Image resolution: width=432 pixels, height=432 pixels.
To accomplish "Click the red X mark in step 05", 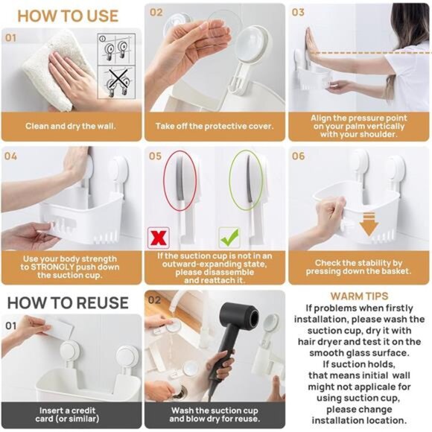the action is [159, 238].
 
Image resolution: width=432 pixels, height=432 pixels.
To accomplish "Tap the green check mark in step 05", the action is [229, 238].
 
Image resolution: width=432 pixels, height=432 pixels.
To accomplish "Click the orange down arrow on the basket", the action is [369, 224].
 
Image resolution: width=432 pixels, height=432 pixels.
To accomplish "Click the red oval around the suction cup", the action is [180, 180].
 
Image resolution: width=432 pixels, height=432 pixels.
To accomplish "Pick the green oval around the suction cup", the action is [246, 180].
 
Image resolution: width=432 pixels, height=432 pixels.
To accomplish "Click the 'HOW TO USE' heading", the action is [68, 16].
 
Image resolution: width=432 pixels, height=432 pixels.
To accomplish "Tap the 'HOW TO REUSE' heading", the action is [68, 302].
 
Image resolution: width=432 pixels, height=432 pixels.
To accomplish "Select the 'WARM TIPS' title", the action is [359, 296].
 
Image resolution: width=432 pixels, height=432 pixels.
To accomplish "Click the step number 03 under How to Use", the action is [298, 12].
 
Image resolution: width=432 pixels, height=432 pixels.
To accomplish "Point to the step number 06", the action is [299, 156].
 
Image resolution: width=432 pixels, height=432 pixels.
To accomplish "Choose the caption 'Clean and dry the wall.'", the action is [71, 126].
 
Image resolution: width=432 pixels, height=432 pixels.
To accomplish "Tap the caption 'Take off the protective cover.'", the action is [215, 126].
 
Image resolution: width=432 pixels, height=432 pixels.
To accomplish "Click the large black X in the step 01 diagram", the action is [118, 80].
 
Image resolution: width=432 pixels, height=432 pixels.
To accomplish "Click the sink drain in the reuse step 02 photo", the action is [181, 391].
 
